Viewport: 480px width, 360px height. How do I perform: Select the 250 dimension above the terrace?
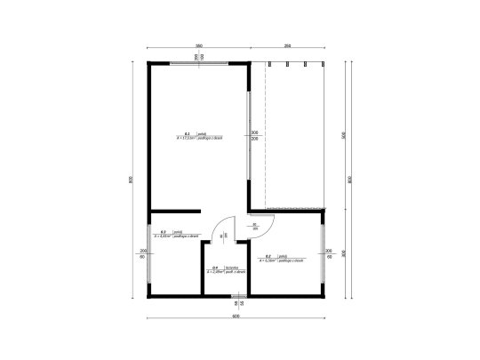point(287,45)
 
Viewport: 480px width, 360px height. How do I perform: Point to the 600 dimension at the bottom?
point(236,316)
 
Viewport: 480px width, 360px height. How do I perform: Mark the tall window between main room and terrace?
point(248,134)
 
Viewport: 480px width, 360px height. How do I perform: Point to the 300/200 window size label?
point(255,136)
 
